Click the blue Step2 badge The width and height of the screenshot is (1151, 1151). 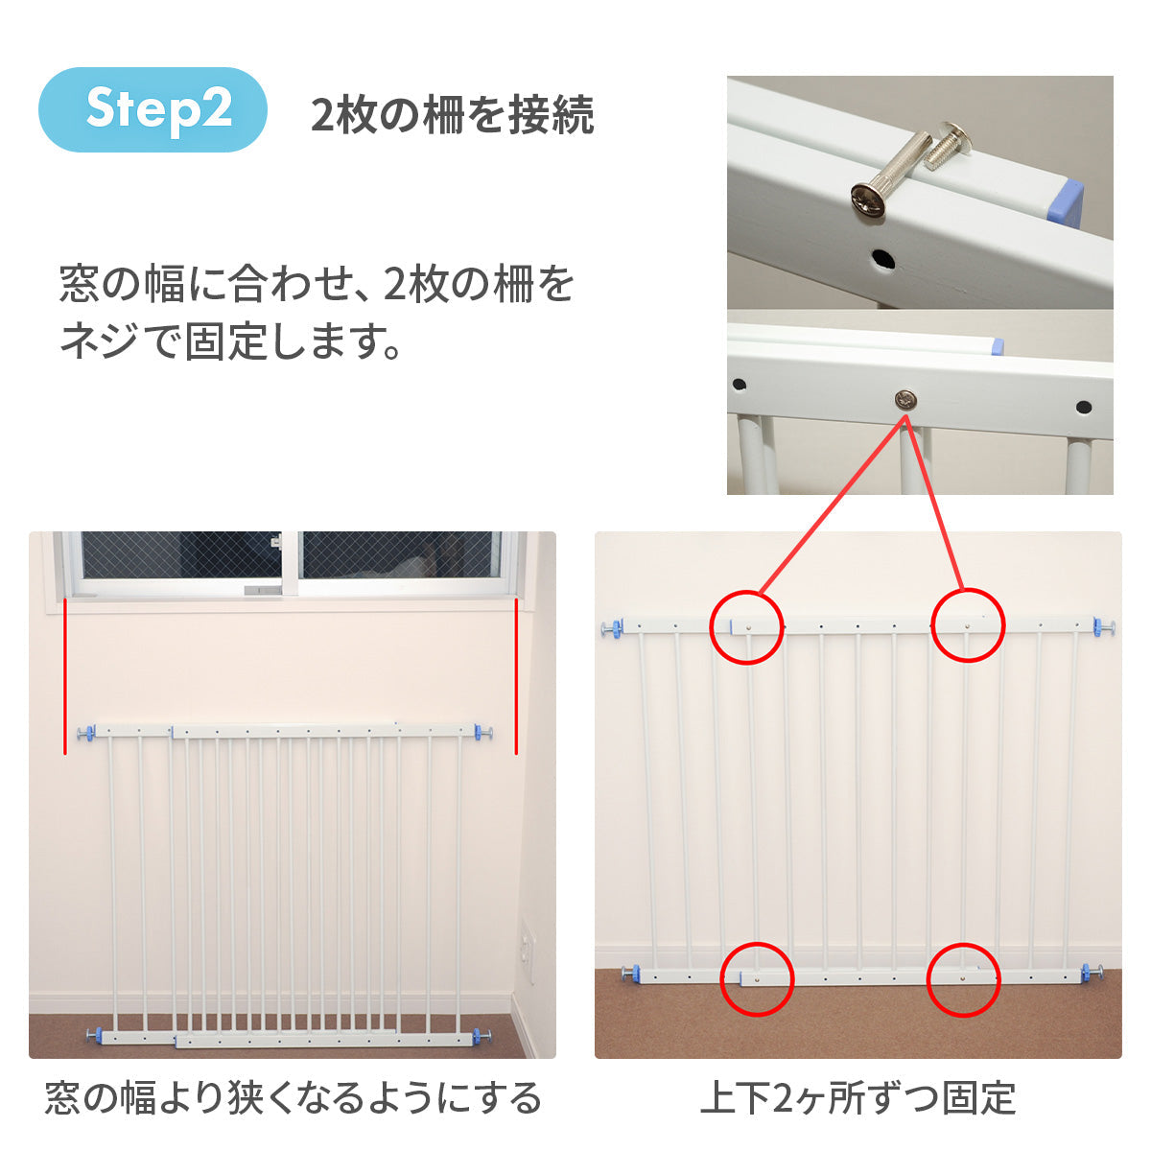coord(153,109)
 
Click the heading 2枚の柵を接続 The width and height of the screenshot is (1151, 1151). coord(453,115)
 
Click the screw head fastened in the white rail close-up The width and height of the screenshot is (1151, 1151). coord(905,400)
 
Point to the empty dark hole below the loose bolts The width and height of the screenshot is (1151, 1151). coord(882,259)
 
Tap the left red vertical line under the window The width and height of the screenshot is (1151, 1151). coord(64,677)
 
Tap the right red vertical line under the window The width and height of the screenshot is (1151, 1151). coord(516,677)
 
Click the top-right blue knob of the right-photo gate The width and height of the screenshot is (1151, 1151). coord(1104,627)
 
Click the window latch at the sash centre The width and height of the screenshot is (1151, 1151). coord(275,543)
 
